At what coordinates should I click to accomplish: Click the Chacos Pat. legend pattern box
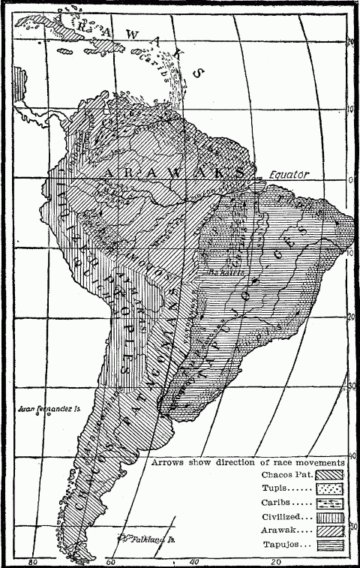(329, 475)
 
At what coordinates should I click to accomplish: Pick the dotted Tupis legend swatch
(329, 489)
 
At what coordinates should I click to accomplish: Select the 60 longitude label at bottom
(112, 561)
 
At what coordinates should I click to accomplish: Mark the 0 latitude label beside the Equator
(351, 180)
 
